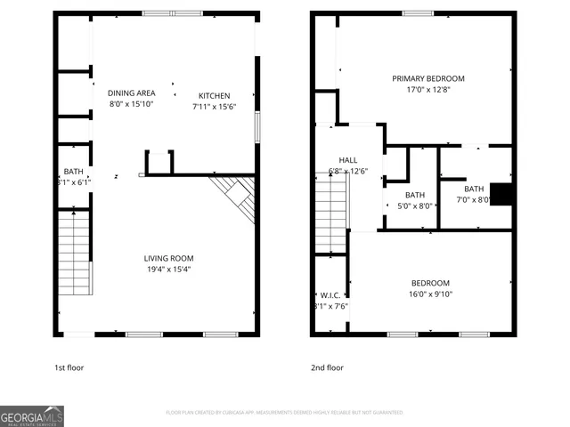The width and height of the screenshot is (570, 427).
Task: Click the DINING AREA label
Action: tap(131, 93)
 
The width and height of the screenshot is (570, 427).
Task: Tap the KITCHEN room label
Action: tap(214, 96)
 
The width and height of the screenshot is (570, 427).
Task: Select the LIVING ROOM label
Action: tap(169, 259)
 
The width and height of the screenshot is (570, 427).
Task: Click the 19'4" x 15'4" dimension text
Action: tap(169, 270)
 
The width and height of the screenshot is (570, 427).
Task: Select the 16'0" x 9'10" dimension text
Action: tap(430, 294)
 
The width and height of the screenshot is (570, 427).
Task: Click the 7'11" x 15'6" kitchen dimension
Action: tap(214, 107)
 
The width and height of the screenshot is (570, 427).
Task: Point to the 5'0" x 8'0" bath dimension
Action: tap(414, 205)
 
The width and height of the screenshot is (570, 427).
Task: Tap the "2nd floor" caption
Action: tap(327, 367)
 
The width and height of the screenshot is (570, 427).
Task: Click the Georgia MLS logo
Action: tap(32, 415)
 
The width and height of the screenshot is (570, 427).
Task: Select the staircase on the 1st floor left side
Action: tap(74, 254)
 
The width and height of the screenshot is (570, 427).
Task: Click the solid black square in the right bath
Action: tap(502, 194)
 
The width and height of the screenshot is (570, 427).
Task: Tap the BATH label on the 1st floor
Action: tap(72, 172)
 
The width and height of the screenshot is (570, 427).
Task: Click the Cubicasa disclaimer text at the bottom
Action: tap(285, 413)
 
